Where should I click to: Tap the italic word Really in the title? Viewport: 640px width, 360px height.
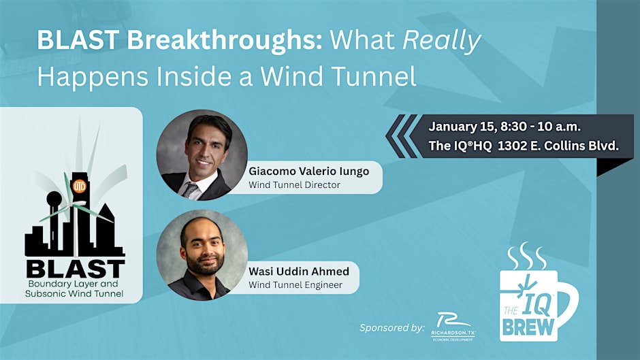click(x=441, y=42)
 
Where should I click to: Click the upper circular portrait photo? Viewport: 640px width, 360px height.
click(x=202, y=154)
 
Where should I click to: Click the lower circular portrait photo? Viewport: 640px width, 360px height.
click(x=202, y=255)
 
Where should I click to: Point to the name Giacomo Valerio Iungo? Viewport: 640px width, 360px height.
click(x=308, y=171)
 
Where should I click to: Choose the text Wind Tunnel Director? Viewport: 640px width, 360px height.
click(x=294, y=184)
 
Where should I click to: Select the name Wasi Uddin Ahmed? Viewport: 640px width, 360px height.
click(x=299, y=272)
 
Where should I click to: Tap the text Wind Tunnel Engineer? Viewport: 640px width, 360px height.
click(x=295, y=284)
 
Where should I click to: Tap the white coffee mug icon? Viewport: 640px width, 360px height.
click(x=538, y=303)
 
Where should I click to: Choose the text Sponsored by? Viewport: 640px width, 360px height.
click(x=391, y=327)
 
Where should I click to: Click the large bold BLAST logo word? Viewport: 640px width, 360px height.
click(x=74, y=267)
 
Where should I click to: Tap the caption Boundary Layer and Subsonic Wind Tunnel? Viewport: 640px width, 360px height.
click(x=75, y=289)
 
